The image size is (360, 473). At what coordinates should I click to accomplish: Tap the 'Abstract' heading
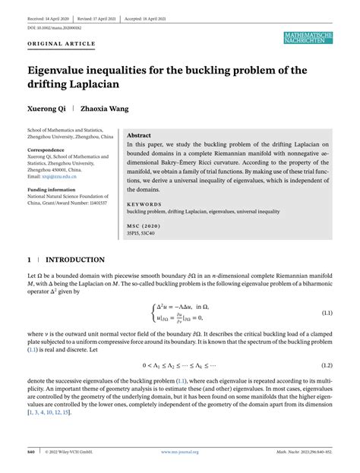(x=139, y=134)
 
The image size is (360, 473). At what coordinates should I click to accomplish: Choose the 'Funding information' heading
(x=52, y=190)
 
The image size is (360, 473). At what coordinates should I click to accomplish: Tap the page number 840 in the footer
(x=32, y=452)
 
